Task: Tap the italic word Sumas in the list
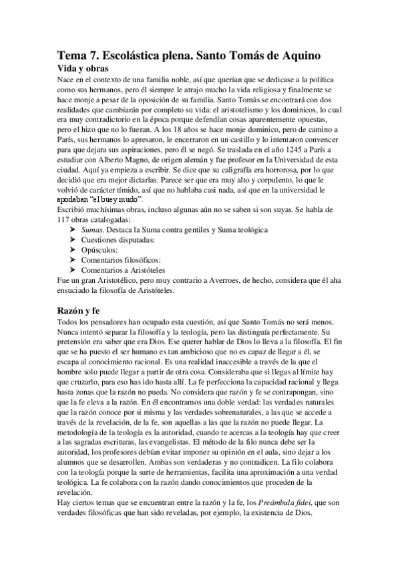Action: click(x=92, y=229)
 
